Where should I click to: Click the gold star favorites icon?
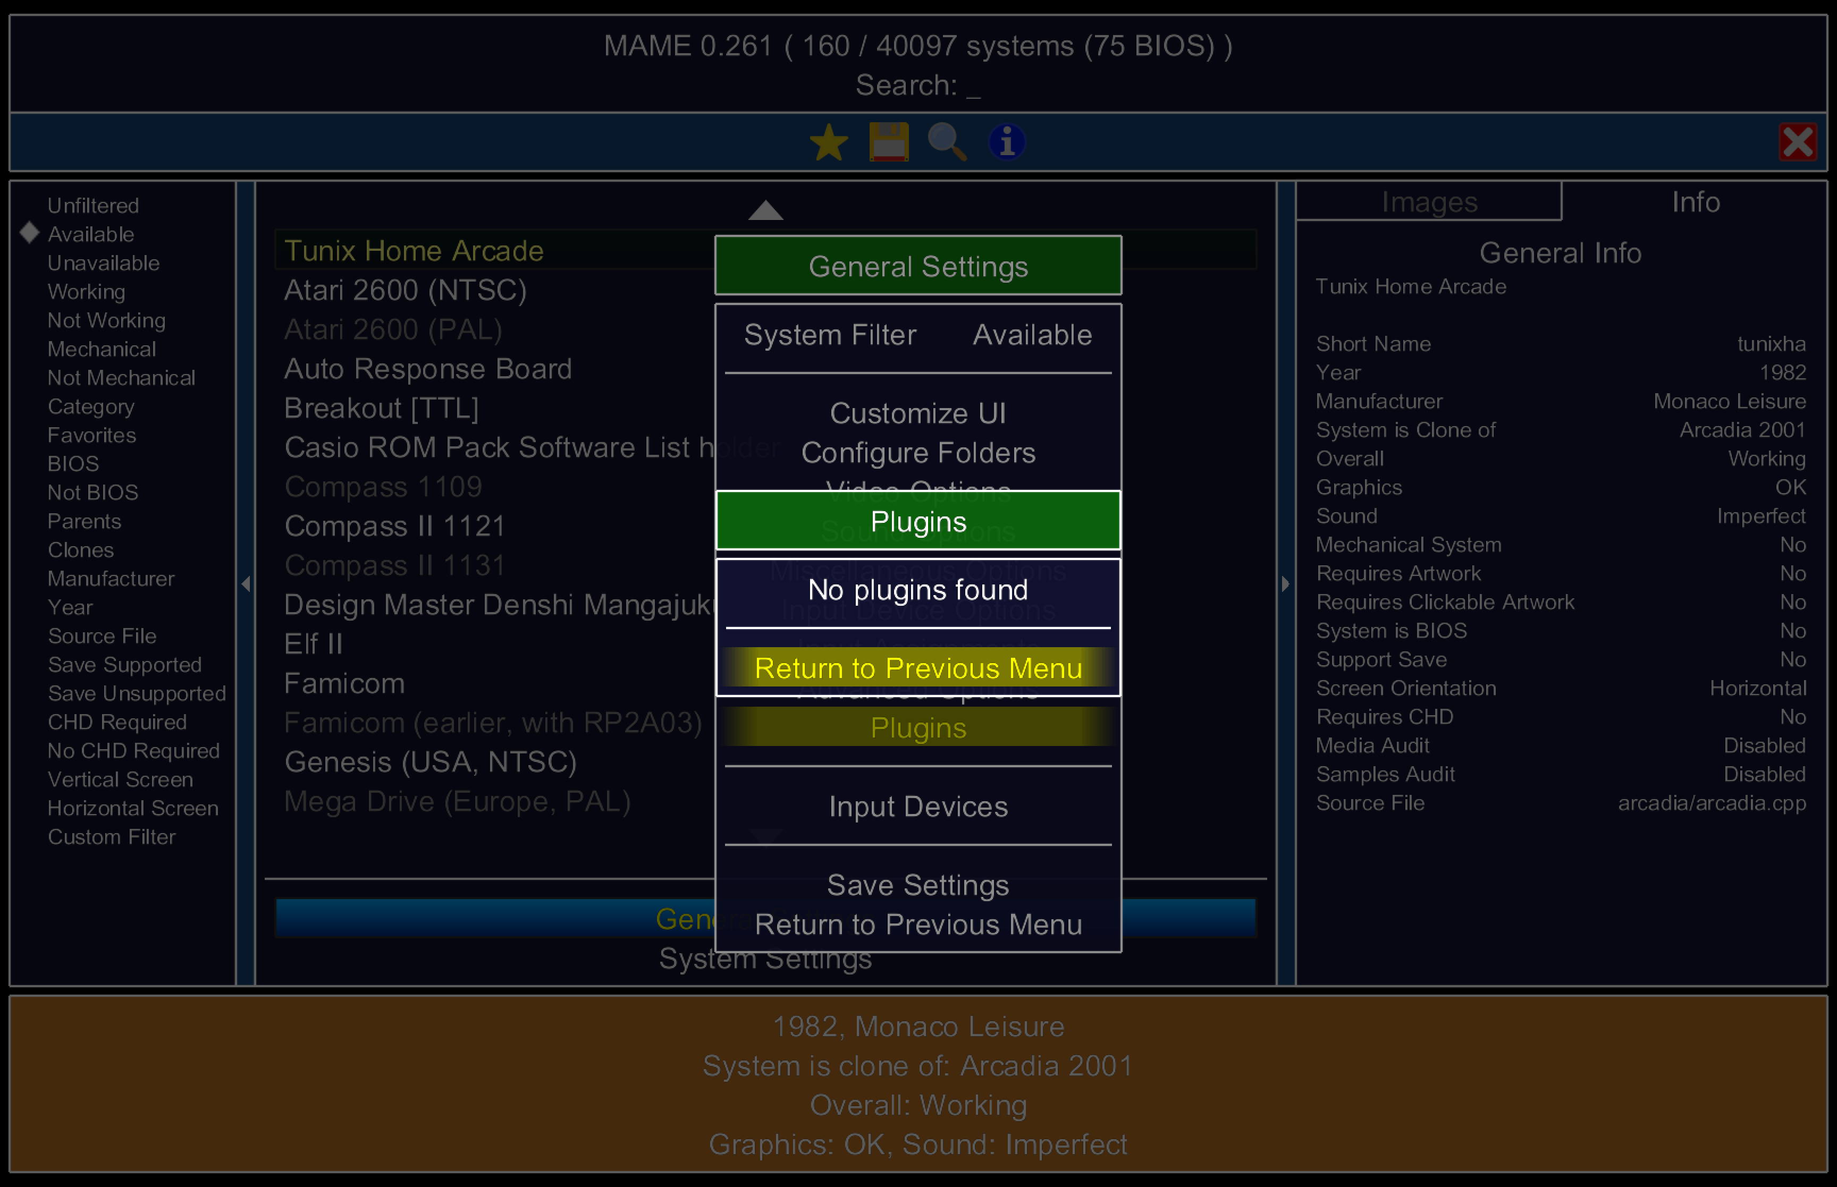click(829, 142)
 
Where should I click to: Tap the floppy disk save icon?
click(888, 142)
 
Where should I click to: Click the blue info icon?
click(1006, 142)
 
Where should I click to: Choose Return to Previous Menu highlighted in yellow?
click(918, 668)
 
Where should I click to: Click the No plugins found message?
click(918, 590)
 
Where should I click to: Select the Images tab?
click(1429, 202)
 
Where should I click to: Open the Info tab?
click(1695, 202)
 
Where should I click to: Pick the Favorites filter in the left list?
click(92, 436)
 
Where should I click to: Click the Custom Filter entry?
click(112, 837)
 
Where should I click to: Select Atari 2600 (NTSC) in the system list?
click(406, 291)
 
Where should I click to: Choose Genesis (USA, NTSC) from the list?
click(430, 762)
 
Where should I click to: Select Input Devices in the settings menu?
click(918, 807)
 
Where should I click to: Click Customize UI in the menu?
click(918, 414)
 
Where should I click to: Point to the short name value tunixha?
click(1771, 344)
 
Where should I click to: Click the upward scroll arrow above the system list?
click(765, 210)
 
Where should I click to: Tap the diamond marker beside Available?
click(29, 233)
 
